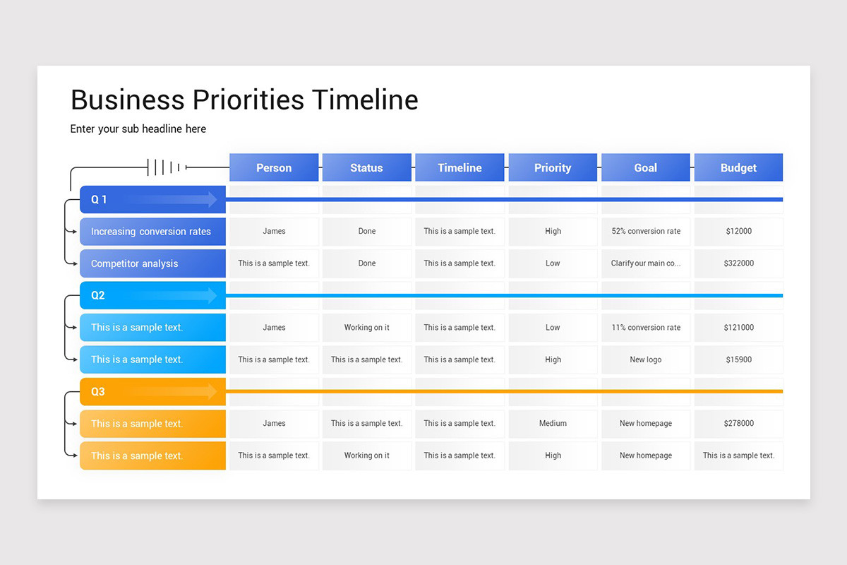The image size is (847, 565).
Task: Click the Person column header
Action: (274, 167)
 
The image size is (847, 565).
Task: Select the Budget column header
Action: (738, 167)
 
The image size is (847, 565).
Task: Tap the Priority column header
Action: (553, 167)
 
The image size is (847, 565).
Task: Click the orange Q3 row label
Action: (98, 391)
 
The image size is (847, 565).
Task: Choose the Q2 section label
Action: (98, 295)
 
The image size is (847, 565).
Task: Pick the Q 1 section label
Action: (99, 199)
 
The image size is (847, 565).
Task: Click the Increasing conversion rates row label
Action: (151, 232)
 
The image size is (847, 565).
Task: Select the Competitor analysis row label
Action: (135, 263)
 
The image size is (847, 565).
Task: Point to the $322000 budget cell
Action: (738, 263)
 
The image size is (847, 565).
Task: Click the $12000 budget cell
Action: (738, 231)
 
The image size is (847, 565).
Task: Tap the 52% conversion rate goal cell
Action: (646, 231)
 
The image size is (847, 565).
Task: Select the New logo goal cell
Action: (646, 359)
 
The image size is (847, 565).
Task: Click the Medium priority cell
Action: (553, 424)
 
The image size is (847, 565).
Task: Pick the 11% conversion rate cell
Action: (646, 328)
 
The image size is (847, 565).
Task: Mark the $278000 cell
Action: (738, 424)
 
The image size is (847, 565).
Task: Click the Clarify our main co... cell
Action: (646, 263)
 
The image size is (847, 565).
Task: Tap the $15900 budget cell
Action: (738, 359)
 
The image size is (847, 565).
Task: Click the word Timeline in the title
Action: (365, 100)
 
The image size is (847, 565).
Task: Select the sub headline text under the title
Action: (138, 129)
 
